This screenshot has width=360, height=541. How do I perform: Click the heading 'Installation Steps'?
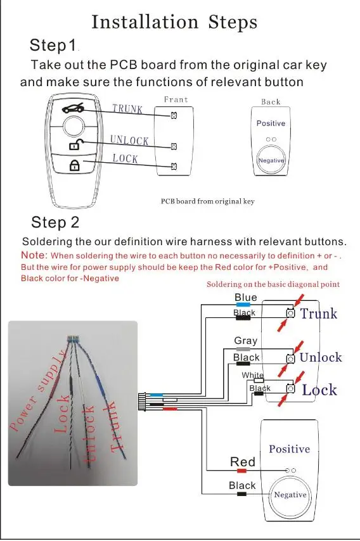point(174,22)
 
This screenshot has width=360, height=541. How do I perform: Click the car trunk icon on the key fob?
point(73,108)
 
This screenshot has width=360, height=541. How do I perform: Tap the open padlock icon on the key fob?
point(75,144)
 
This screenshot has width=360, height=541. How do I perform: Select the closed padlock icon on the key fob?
point(75,165)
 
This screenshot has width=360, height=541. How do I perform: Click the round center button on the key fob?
point(74,126)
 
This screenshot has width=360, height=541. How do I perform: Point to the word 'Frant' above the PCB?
point(176,99)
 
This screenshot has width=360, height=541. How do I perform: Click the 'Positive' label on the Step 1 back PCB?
point(271,123)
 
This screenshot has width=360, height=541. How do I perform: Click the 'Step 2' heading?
point(55,222)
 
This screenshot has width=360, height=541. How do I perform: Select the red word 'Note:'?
point(34,255)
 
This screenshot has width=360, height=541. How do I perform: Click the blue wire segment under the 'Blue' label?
point(243,305)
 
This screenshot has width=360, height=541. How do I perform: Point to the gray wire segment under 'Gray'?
point(243,349)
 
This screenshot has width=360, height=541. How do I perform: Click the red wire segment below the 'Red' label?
point(241,471)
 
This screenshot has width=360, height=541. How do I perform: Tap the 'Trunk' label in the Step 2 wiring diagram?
point(319,314)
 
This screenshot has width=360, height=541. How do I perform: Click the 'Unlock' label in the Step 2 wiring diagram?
point(321,357)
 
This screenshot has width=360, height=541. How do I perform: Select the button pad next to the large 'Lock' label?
point(291,388)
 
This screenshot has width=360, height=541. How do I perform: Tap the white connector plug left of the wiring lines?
point(142,402)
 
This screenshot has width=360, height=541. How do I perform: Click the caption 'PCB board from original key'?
point(208,201)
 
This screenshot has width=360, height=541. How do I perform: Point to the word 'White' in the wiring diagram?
point(253,375)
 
